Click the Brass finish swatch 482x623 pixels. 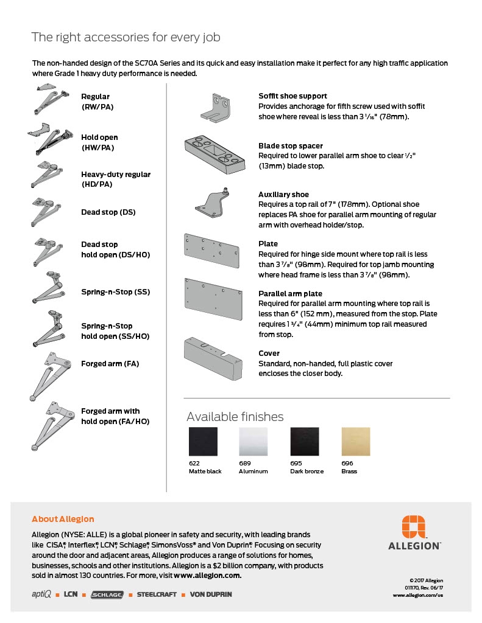click(355, 442)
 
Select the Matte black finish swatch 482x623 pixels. click(203, 442)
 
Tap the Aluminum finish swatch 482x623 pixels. click(253, 442)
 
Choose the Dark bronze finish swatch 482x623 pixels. click(305, 442)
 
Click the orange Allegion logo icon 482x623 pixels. click(414, 527)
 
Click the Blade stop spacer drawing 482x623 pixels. click(217, 155)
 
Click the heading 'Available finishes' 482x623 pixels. click(235, 417)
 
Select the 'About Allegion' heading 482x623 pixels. click(63, 519)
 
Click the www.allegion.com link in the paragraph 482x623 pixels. click(207, 575)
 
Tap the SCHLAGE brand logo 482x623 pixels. click(107, 594)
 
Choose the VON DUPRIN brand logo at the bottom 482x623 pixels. click(211, 594)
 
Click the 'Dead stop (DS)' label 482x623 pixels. click(108, 212)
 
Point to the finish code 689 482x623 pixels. click(245, 463)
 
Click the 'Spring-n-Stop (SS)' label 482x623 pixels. click(116, 292)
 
